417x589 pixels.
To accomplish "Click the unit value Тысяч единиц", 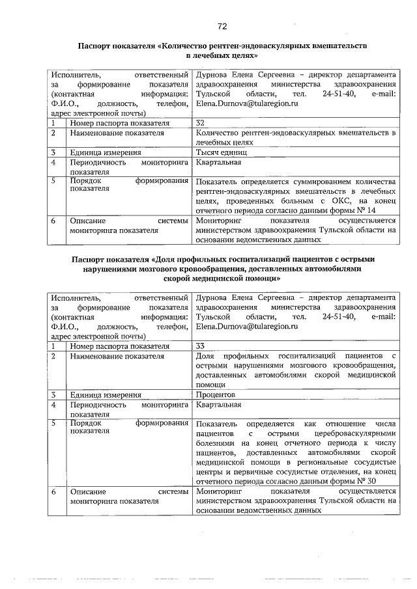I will coord(222,152).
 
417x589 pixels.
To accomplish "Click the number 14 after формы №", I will coord(371,212).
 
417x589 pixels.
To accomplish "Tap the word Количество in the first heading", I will coord(187,46).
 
